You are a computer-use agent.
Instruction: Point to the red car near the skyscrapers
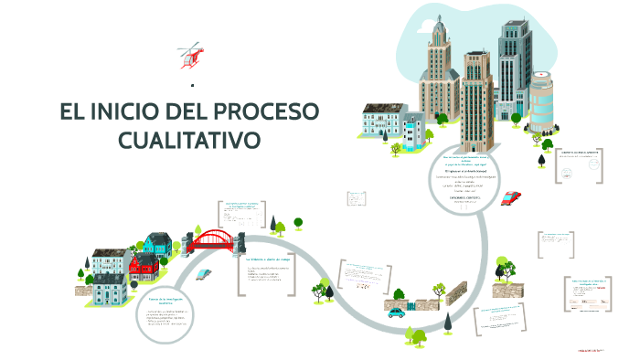pyautogui.click(x=511, y=196)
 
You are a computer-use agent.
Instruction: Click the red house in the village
pyautogui.click(x=144, y=267)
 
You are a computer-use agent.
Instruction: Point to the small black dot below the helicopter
pyautogui.click(x=192, y=84)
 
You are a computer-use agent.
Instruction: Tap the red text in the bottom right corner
pyautogui.click(x=593, y=349)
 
